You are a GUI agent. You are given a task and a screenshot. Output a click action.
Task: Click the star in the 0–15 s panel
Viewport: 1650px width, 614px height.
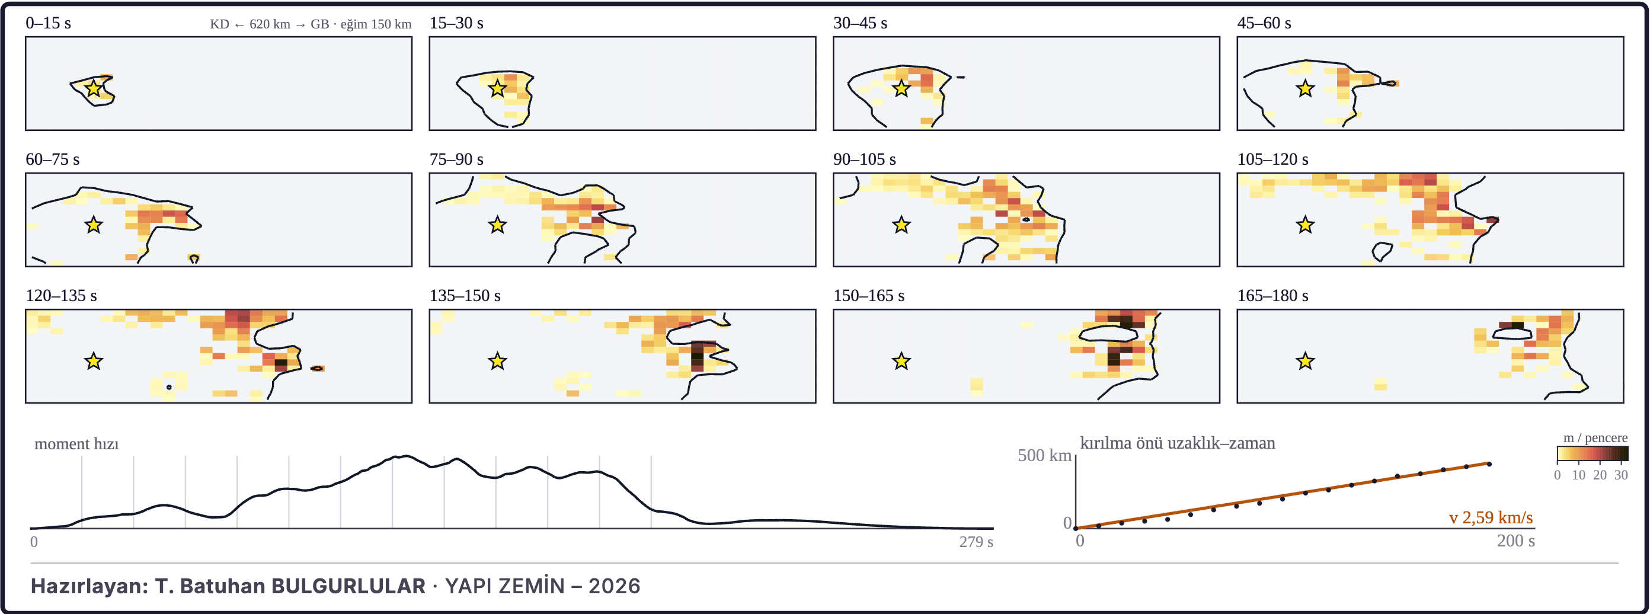click(94, 88)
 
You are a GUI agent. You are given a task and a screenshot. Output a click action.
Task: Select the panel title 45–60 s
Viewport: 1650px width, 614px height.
click(1264, 23)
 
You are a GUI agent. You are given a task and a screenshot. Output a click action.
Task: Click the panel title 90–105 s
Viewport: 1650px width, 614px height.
click(864, 159)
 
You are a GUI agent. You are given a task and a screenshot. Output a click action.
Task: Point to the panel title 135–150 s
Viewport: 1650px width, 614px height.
click(465, 296)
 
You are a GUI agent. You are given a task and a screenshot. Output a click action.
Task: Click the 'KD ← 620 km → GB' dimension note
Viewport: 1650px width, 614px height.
click(269, 24)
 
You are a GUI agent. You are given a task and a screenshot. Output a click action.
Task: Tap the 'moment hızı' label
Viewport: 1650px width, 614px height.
click(77, 444)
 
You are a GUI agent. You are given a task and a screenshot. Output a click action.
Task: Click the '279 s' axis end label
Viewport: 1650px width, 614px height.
click(976, 542)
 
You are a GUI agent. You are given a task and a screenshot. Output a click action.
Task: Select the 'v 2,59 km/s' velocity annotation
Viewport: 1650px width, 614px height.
click(1491, 517)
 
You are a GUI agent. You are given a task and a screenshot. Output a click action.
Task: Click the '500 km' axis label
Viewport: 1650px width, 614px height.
click(1045, 455)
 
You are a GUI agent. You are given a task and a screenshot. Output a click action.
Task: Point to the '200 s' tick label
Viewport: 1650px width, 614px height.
click(1515, 541)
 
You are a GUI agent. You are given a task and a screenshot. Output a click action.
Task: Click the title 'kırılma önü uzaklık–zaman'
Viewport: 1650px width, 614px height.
click(1177, 443)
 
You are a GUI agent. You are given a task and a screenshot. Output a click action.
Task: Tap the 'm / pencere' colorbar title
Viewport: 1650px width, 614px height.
click(1595, 438)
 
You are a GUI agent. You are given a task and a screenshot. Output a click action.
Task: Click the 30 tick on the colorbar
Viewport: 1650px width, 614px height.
click(1620, 475)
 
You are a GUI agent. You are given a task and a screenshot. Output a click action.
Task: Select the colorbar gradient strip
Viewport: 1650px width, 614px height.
click(1593, 454)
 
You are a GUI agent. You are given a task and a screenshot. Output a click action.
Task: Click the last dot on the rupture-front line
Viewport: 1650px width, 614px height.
click(1489, 464)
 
